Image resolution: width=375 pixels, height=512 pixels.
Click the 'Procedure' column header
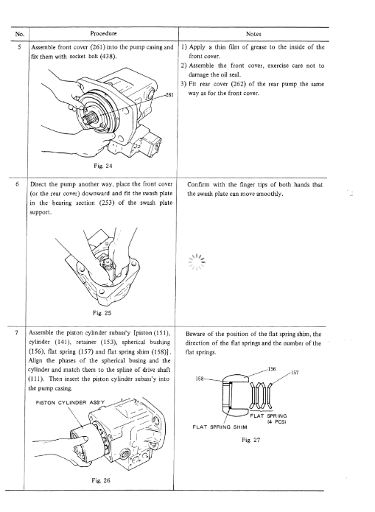coord(103,33)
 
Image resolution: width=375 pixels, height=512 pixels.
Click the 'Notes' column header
coord(253,34)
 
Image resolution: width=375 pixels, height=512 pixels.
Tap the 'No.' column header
coord(19,34)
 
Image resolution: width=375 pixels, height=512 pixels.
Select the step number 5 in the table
coord(19,47)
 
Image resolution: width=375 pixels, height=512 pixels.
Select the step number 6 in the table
coord(17,184)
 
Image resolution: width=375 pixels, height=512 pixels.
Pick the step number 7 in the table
coord(15,333)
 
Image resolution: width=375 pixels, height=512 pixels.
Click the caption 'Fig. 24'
coord(103,166)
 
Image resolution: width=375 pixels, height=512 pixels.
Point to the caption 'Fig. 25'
coord(102,313)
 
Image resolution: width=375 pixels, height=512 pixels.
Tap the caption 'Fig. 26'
coord(101,480)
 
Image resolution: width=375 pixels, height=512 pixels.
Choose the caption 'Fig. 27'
coord(251,440)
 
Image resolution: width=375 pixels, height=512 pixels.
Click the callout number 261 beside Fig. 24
coord(169,95)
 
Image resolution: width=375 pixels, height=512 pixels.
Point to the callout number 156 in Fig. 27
coord(272,369)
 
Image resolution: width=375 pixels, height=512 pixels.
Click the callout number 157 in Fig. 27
coord(295,372)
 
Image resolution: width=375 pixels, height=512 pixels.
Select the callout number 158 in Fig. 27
coord(200,379)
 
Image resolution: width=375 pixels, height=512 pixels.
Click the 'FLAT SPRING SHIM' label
coord(220,427)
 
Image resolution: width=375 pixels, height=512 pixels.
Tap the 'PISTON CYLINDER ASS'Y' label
coord(70,403)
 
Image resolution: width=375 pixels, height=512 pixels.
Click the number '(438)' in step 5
coord(108,56)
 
